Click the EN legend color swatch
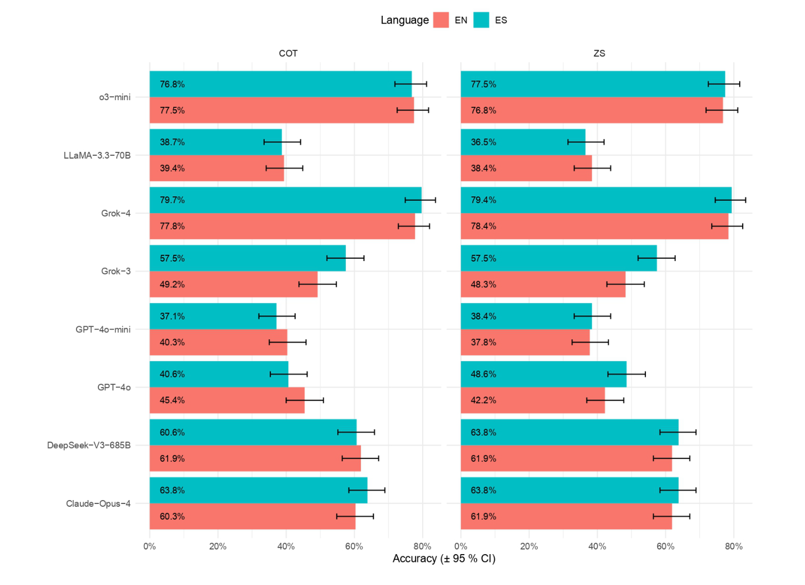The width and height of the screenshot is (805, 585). [x=441, y=20]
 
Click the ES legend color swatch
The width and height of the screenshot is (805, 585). [x=481, y=20]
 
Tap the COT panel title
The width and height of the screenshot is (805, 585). [x=288, y=53]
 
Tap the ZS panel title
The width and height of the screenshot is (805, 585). [x=599, y=53]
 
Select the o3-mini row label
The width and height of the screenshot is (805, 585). [x=115, y=97]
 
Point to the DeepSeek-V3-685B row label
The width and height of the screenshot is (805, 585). [x=89, y=445]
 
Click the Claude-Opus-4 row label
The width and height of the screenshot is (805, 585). [x=98, y=503]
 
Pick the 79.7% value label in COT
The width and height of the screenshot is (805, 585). [x=172, y=200]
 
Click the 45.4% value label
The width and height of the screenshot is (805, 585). [x=172, y=400]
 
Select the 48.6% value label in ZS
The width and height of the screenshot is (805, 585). [x=483, y=374]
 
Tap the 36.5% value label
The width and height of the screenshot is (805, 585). [x=483, y=142]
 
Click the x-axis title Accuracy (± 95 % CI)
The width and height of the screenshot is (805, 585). [x=444, y=559]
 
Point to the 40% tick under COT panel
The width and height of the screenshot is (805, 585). [x=286, y=546]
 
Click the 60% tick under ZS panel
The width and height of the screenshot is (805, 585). [x=666, y=546]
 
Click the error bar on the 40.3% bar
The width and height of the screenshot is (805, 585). [x=287, y=342]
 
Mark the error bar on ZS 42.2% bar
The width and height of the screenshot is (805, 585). [x=605, y=400]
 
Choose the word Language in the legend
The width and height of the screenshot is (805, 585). [x=404, y=20]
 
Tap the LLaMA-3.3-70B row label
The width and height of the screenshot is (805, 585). [x=97, y=155]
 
